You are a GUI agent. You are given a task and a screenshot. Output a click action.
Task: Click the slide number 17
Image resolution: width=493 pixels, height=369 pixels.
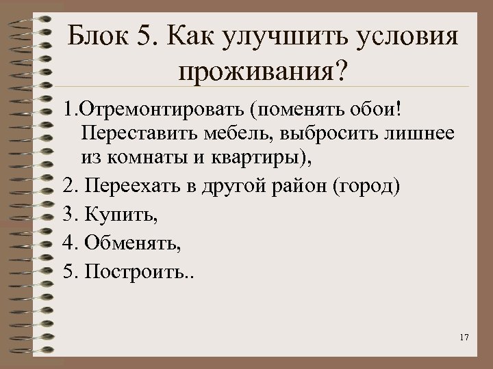(464, 338)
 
